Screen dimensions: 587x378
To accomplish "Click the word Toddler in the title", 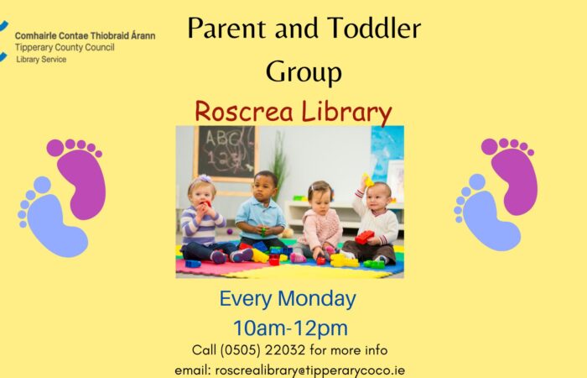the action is (374, 28).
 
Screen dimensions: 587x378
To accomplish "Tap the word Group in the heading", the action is (304, 72).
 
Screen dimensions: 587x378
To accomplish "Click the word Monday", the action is (317, 299).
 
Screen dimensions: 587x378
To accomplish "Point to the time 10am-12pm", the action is (290, 328).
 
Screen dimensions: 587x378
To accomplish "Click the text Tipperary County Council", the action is (65, 48).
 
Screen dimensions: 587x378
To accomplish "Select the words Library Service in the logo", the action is (41, 60).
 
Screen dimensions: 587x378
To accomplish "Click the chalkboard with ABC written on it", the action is (226, 152).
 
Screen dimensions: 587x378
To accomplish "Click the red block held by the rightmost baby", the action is (364, 237).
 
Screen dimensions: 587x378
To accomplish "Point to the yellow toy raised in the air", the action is (368, 181).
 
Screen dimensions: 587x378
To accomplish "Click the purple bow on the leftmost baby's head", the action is (205, 178).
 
